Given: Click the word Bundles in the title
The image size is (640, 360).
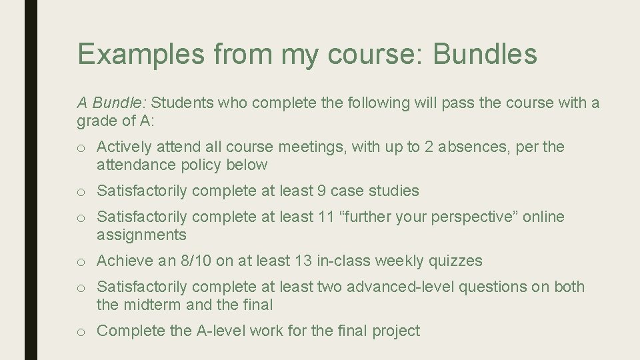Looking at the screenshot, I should coord(485,53).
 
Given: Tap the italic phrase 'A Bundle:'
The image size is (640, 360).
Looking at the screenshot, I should coord(112,103).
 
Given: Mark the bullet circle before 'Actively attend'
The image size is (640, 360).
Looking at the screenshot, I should coord(81,147).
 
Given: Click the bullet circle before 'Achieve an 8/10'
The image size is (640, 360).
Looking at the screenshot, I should coord(81,261).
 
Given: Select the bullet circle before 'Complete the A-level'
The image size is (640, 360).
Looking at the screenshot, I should coord(81,331).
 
